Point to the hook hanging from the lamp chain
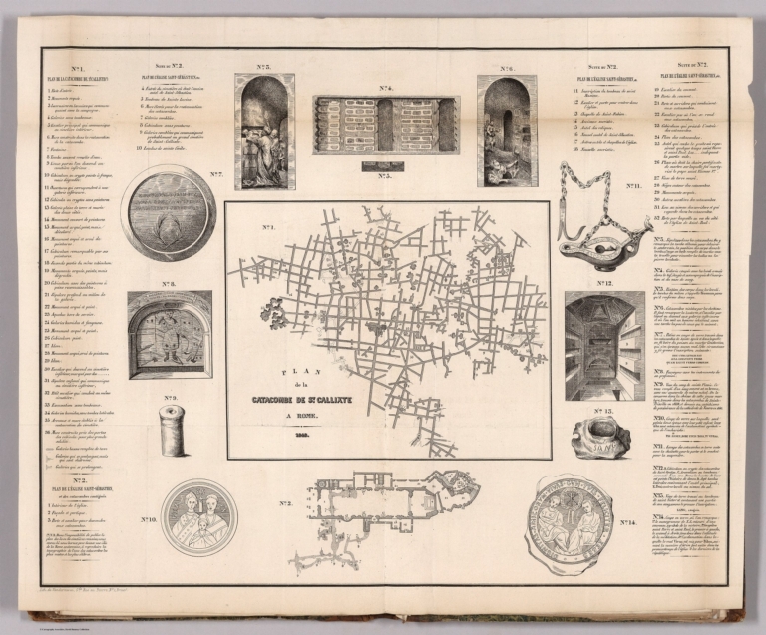tap(584, 239)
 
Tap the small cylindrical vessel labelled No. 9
tap(172, 431)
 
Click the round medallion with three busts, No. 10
tap(198, 518)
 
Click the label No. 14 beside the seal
tap(627, 521)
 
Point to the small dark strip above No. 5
tap(384, 165)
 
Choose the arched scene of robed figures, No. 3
tap(264, 131)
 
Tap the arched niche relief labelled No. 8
tap(170, 335)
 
